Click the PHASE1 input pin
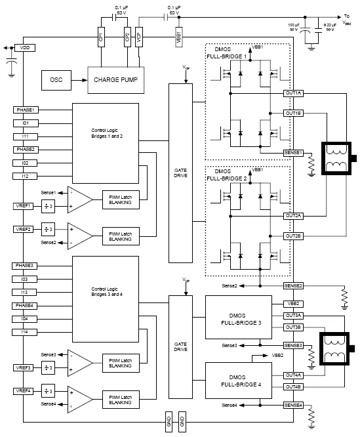click(25, 110)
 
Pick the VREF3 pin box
click(24, 367)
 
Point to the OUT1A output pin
click(293, 93)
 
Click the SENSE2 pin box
click(293, 286)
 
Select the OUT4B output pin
click(293, 386)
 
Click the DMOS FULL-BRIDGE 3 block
click(239, 318)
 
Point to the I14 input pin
click(25, 332)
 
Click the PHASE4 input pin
click(25, 306)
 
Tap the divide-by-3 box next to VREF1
click(47, 205)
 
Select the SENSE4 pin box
click(293, 406)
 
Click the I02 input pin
click(25, 163)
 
